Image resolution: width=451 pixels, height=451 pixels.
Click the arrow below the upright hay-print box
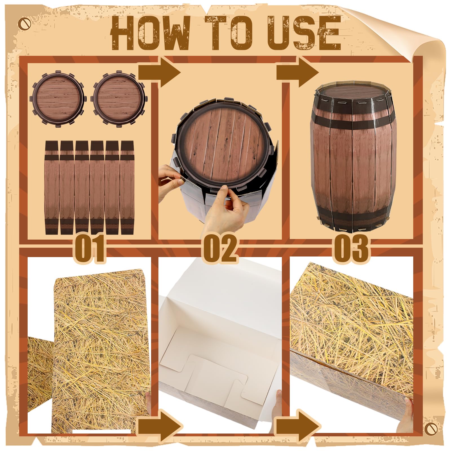click(160, 428)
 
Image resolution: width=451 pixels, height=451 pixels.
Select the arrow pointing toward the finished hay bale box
click(298, 428)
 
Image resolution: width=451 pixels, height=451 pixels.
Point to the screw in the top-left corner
click(24, 23)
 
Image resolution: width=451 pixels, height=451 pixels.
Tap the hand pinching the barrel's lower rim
click(225, 209)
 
